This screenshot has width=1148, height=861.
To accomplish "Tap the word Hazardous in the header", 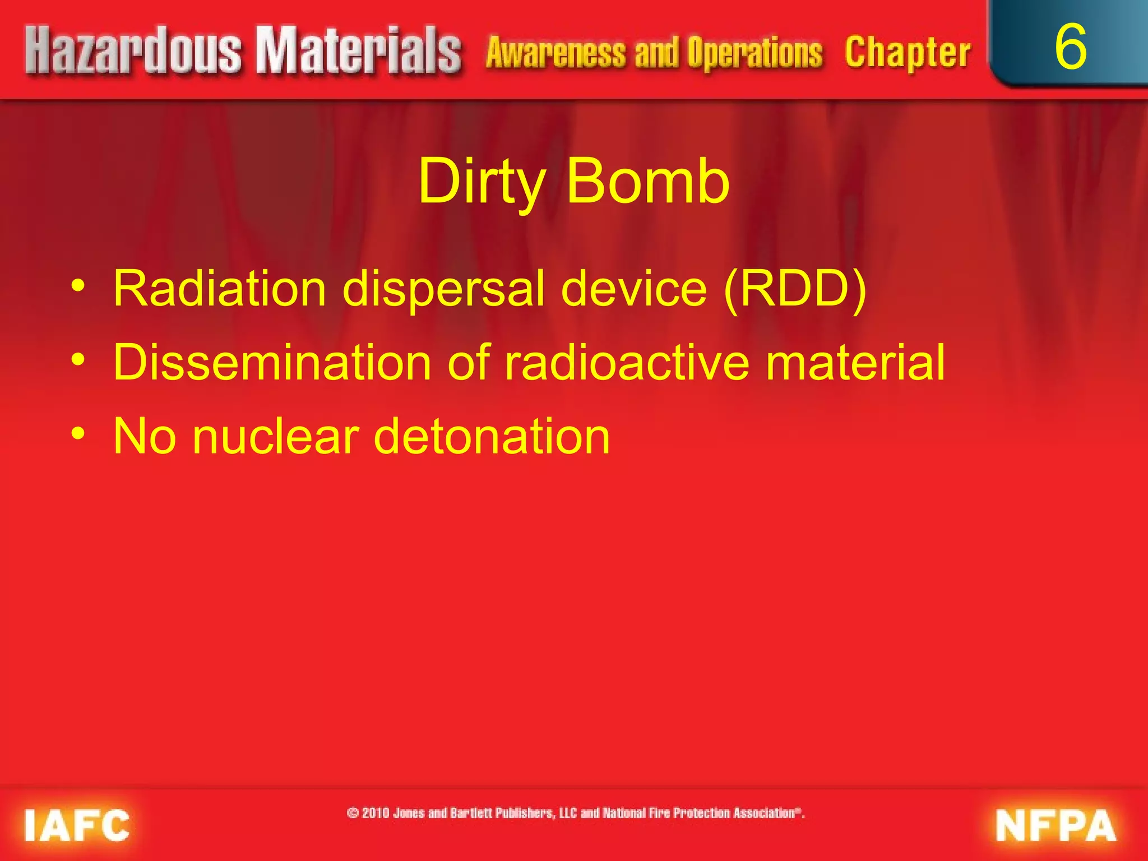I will point(133,52).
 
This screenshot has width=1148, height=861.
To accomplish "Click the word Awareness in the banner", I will point(556,53).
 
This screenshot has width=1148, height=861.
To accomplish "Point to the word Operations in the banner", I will point(755,53).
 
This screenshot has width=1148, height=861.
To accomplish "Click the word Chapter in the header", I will point(908,53).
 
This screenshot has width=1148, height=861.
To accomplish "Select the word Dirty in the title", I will point(482,182).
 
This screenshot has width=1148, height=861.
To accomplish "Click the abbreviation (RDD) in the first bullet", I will point(795,289).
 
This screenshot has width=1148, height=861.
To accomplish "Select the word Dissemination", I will point(272,363).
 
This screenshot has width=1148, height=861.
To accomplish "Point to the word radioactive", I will point(627,363).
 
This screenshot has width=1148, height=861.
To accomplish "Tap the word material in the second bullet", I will point(855,363).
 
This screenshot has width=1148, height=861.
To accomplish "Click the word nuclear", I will point(275,437).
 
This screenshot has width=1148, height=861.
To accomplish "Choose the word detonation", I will point(492,437).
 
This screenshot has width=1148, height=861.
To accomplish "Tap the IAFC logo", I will point(77,825).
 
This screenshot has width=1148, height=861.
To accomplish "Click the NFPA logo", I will point(1056,825).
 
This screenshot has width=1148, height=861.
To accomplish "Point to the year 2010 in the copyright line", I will point(376,813).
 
